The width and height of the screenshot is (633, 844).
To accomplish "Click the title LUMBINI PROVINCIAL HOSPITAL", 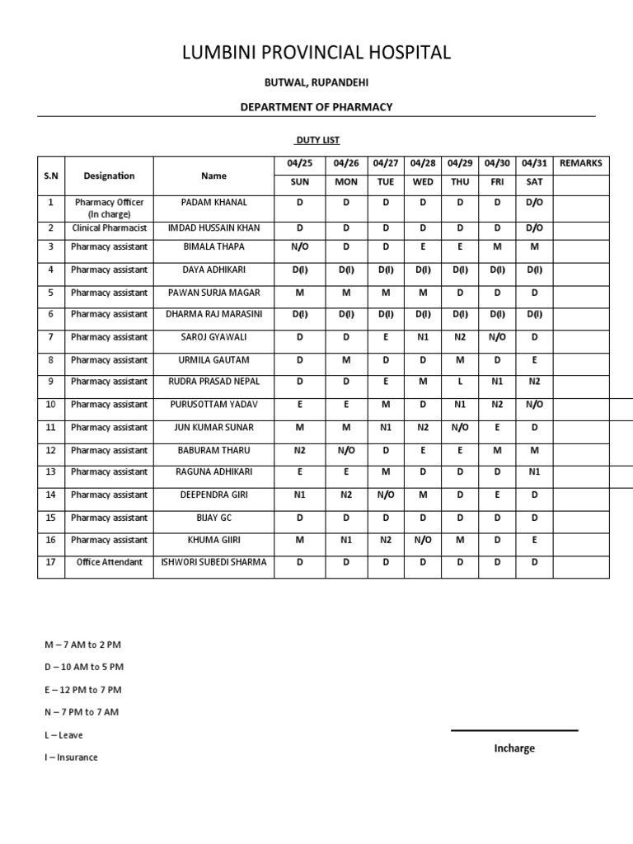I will (x=316, y=53).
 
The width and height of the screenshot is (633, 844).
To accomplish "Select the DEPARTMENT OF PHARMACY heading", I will (x=316, y=107).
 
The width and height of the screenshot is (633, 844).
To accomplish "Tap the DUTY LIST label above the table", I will (x=318, y=140).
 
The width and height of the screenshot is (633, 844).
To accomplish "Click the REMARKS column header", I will (x=580, y=163).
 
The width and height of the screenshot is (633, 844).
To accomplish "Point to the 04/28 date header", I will (x=422, y=163).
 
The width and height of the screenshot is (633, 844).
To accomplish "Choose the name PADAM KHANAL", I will (x=213, y=202).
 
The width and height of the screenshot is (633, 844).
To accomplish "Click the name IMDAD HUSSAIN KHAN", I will (x=213, y=227).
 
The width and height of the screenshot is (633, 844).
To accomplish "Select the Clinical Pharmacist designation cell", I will (x=109, y=227).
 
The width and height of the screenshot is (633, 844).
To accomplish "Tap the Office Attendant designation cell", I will (x=109, y=562).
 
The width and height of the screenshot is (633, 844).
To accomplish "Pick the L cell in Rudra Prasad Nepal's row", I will (x=460, y=382).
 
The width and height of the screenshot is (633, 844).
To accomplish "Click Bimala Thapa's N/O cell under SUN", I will (x=299, y=246).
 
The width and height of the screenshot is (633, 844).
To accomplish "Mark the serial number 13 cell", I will (x=50, y=471).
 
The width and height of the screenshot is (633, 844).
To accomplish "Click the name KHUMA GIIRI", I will (x=213, y=540).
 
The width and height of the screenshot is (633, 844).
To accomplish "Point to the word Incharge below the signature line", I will (x=514, y=748).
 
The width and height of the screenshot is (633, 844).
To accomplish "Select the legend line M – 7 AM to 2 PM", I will (x=82, y=645).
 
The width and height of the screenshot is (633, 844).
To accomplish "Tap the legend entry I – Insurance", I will (x=71, y=757).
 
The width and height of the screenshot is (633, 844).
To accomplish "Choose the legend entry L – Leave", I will (x=63, y=735).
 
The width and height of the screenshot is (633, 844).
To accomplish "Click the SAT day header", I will (x=534, y=181).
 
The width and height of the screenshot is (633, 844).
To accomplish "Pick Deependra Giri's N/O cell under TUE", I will (x=386, y=495).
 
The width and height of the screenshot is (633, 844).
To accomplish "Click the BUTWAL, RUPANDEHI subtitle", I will (x=316, y=82).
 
